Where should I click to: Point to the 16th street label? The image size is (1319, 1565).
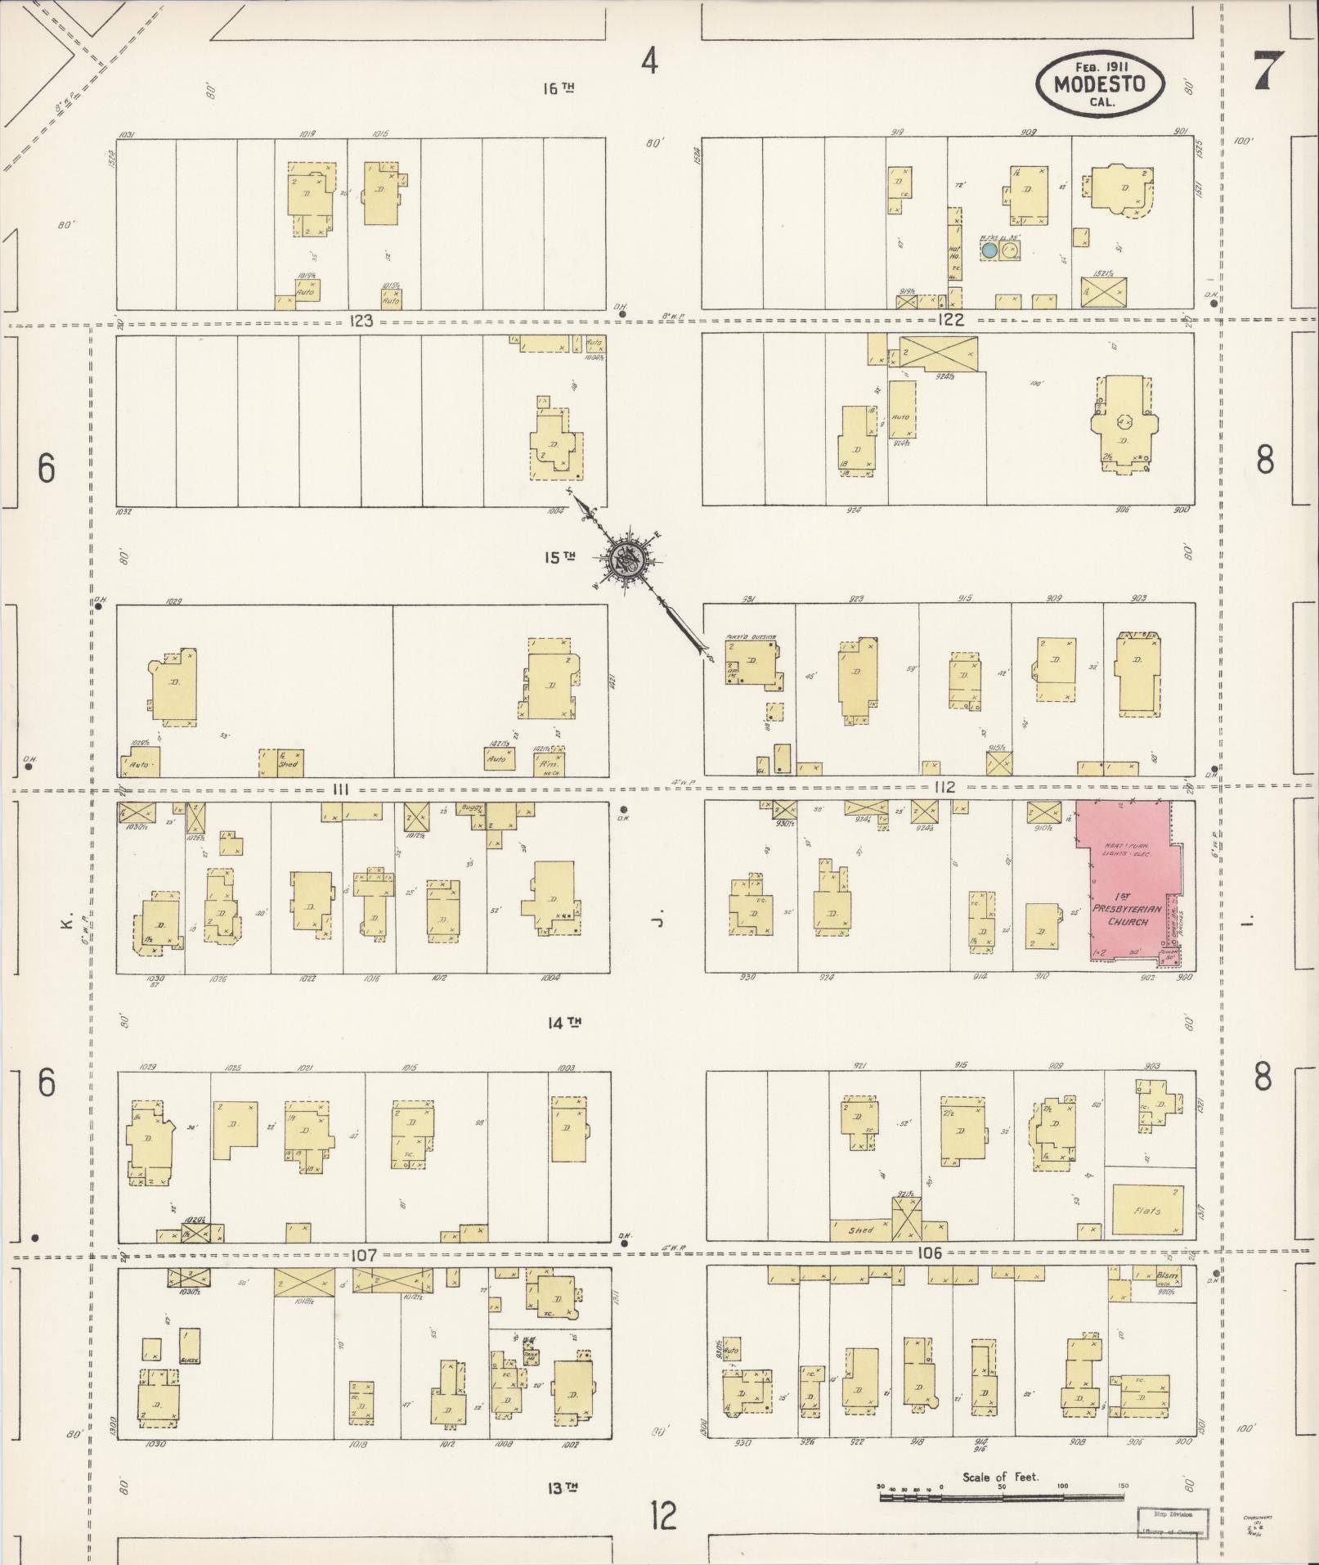coord(559,88)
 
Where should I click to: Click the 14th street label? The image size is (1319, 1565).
coord(563,1022)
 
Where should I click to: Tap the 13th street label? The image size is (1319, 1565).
coord(561,1487)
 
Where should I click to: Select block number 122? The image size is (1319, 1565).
coord(952,320)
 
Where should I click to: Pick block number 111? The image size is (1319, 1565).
coord(341,789)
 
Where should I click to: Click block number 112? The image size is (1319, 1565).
coord(944,787)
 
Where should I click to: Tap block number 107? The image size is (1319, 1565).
coord(363,1254)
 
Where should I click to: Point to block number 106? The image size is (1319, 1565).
coord(930,1252)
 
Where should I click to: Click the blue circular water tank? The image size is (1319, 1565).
coord(989,250)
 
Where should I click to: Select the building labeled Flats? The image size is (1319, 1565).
coord(1146,1211)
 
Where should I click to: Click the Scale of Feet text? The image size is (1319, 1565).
coord(1000,1477)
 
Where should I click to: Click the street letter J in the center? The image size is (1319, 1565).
coord(657,923)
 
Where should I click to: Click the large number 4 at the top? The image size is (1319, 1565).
coord(649,61)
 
